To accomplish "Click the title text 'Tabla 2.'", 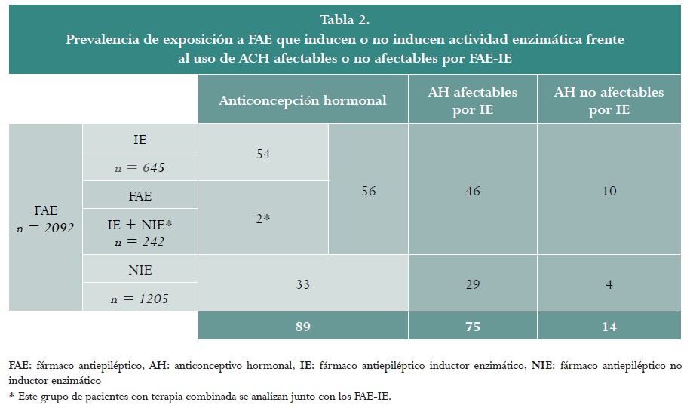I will coord(344,19).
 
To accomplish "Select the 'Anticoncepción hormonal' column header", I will coord(302,100).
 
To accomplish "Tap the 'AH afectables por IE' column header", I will coord(472,100).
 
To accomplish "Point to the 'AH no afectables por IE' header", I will coord(609,100).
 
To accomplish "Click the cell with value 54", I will coord(263,154).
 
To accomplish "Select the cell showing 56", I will coord(368,191).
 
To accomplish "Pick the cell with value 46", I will coord(472,191).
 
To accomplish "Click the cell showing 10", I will coord(609,191).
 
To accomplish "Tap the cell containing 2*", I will coord(263,218).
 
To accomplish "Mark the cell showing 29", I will coord(472,284).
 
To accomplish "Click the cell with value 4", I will coord(609,284).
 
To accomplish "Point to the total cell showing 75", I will coord(472,327).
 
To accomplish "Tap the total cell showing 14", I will coord(609,327).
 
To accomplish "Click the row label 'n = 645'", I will coord(140,167).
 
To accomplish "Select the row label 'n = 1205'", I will coord(140,299).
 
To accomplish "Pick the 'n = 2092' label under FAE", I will coord(45,227).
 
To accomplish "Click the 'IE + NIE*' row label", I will coord(140,224).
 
